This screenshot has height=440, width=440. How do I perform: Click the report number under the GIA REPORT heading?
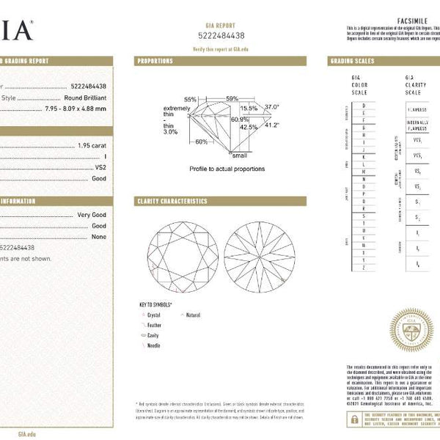(x=221, y=35)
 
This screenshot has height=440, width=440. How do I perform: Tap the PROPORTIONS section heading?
(x=155, y=61)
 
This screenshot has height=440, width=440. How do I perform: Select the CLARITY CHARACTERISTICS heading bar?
(x=172, y=201)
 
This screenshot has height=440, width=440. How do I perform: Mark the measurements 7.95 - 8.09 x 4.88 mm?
(x=75, y=109)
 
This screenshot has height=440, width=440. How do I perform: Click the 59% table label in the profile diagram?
(x=232, y=99)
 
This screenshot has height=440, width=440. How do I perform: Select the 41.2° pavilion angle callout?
(x=272, y=125)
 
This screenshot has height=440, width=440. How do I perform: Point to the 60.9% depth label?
(x=239, y=119)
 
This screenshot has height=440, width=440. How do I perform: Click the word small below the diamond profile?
(x=240, y=155)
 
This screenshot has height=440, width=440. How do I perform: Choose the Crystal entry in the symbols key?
(x=154, y=315)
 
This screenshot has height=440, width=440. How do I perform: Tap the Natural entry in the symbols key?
(x=193, y=315)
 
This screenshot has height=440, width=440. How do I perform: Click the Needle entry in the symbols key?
(x=154, y=345)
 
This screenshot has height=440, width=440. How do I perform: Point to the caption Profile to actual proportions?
(x=227, y=169)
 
